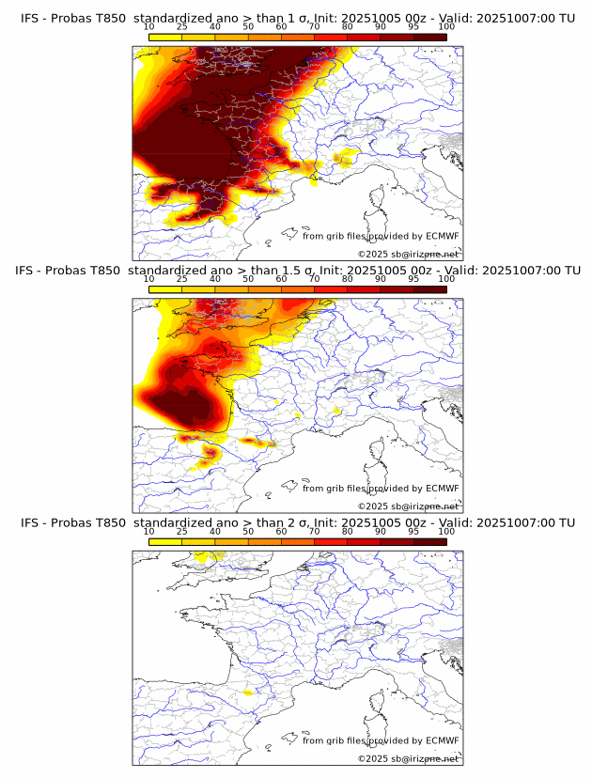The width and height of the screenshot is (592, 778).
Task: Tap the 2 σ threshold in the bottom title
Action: [292, 522]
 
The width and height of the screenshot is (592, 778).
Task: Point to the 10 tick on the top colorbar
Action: [149, 27]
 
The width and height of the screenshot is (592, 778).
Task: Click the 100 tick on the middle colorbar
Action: [446, 279]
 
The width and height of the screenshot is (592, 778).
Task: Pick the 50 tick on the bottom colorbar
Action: [248, 532]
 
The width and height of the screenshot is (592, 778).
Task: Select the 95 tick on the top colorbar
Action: [413, 27]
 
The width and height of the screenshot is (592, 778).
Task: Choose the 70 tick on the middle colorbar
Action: [314, 279]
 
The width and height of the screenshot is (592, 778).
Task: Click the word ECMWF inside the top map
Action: [442, 237]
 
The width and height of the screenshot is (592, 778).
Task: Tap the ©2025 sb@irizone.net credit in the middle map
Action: [408, 506]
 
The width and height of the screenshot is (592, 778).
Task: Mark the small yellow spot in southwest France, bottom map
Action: [248, 692]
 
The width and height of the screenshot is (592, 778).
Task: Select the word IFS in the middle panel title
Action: [30, 271]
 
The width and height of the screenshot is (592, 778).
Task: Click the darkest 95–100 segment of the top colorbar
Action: [429, 37]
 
